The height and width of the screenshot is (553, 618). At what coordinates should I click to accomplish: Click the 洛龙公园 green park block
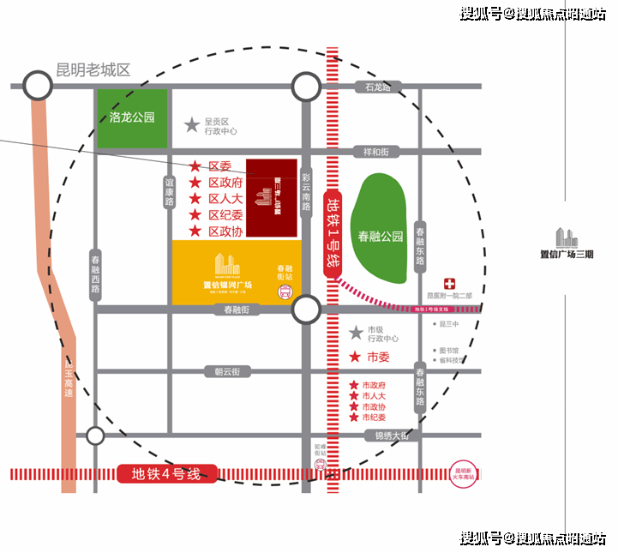pos(132,118)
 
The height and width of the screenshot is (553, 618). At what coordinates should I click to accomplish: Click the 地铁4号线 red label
pos(166,473)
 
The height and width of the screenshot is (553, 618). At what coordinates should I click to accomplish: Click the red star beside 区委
pos(195,166)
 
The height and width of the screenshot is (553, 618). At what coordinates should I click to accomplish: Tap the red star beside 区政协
pos(195,231)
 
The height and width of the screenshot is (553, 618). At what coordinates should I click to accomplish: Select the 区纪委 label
pos(226,215)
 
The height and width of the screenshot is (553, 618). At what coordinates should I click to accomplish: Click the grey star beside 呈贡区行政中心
pos(192,125)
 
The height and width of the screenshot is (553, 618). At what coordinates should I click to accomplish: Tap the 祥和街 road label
pos(376,152)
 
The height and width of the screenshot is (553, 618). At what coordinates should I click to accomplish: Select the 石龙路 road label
pos(378,87)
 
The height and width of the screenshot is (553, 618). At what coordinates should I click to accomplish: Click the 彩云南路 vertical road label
pos(306,194)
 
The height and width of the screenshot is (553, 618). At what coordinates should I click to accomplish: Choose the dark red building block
pos(272,197)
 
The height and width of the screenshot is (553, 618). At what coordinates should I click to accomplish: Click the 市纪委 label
pos(375,417)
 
